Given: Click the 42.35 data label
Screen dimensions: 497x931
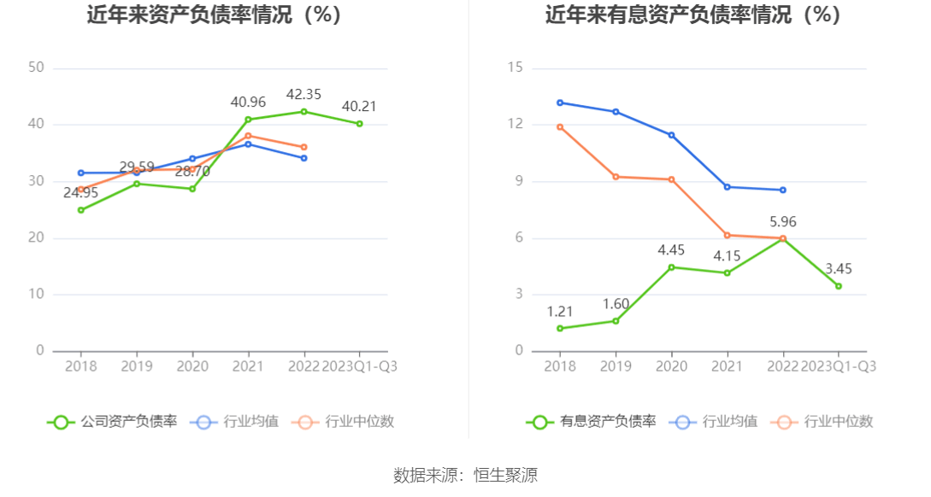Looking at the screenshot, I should click(303, 95).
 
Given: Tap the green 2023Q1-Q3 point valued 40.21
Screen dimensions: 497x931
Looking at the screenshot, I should click(359, 124).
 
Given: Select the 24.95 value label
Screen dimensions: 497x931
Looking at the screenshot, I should click(80, 193).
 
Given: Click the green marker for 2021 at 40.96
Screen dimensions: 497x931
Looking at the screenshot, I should click(248, 120).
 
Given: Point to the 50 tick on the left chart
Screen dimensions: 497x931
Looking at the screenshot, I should click(36, 68).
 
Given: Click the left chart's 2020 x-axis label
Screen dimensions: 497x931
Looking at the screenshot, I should click(192, 366).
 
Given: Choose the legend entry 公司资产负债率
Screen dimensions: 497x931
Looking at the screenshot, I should click(113, 421).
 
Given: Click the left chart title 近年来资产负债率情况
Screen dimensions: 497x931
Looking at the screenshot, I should click(215, 15).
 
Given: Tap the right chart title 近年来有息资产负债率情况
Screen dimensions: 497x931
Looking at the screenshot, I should click(693, 15).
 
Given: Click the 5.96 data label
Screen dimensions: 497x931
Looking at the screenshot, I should click(782, 222).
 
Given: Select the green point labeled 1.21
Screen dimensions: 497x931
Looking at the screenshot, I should click(560, 329).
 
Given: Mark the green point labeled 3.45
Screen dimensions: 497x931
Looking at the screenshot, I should click(838, 286).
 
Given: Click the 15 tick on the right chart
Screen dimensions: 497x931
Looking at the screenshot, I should click(515, 68).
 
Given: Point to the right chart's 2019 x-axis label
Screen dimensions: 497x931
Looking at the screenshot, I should click(616, 366).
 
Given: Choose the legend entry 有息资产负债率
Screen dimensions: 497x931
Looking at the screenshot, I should click(592, 421).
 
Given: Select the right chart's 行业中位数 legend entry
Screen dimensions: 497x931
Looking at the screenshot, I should click(822, 421).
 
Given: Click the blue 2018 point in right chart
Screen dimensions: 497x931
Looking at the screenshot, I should click(560, 102).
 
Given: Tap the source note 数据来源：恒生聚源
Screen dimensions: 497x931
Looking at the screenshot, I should click(465, 476).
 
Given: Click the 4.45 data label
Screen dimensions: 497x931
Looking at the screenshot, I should click(671, 250).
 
